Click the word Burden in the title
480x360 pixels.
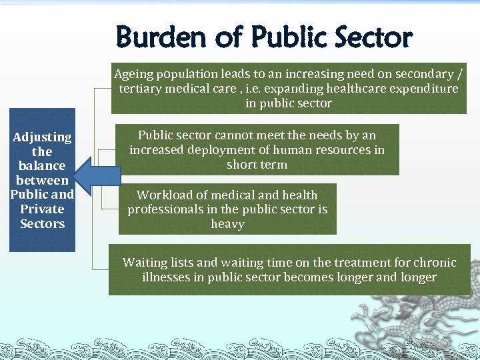pyautogui.click(x=161, y=38)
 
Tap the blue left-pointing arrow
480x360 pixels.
pyautogui.click(x=97, y=176)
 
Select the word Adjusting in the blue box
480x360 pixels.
pyautogui.click(x=42, y=137)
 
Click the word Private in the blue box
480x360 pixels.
pyautogui.click(x=42, y=209)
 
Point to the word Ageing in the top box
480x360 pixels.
pyautogui.click(x=133, y=74)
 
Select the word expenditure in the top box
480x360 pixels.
pyautogui.click(x=424, y=89)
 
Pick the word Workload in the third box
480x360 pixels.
pyautogui.click(x=161, y=195)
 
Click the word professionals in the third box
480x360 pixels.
pyautogui.click(x=165, y=209)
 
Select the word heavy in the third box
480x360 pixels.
pyautogui.click(x=227, y=224)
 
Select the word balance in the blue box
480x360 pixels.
pyautogui.click(x=42, y=166)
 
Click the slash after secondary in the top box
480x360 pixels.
pyautogui.click(x=455, y=74)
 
